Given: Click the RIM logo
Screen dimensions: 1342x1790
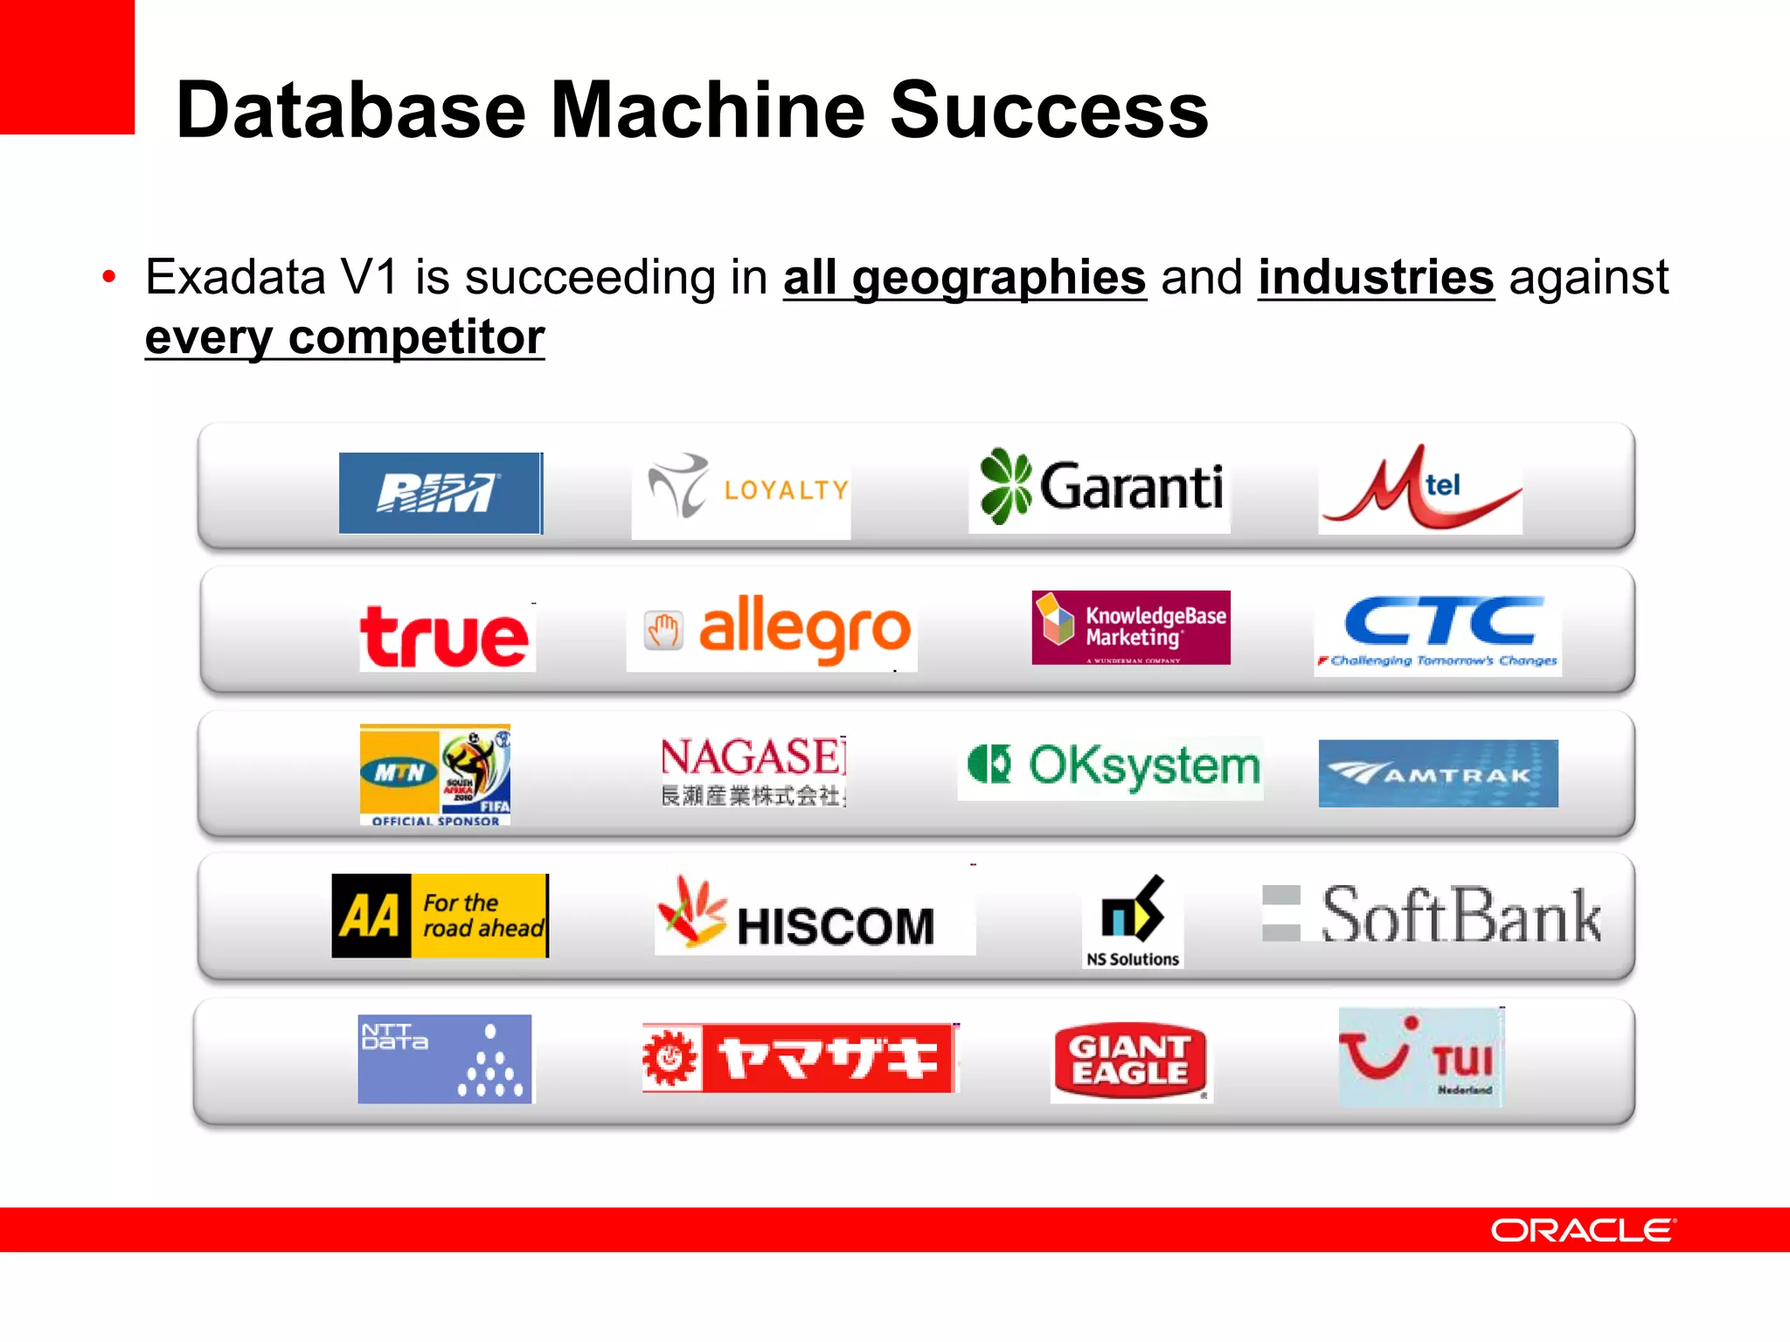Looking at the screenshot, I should [441, 493].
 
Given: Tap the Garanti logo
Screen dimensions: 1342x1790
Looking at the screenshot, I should [1100, 488].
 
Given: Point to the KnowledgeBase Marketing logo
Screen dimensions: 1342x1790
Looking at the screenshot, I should [1131, 627].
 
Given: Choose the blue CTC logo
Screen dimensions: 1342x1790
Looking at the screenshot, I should [1439, 633].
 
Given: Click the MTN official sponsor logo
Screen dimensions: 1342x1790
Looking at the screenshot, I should [435, 774].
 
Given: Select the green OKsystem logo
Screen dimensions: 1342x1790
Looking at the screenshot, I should [1112, 767].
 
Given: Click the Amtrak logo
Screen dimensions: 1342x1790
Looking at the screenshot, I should [1439, 773].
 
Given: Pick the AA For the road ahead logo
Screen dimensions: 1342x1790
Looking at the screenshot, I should [441, 916].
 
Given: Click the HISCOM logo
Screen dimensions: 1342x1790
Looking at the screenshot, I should [813, 916].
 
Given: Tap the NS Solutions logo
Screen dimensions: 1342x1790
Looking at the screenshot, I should [1133, 921].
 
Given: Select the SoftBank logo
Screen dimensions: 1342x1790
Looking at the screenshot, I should [1433, 914].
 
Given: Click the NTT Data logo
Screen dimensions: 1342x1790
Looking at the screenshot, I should [445, 1059].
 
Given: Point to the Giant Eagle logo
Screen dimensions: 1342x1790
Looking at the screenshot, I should [1131, 1061].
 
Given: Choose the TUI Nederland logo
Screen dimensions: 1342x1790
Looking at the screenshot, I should [1421, 1057].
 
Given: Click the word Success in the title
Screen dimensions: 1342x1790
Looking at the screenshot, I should [1049, 110].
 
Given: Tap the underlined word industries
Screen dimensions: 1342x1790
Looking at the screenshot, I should [1376, 278].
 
